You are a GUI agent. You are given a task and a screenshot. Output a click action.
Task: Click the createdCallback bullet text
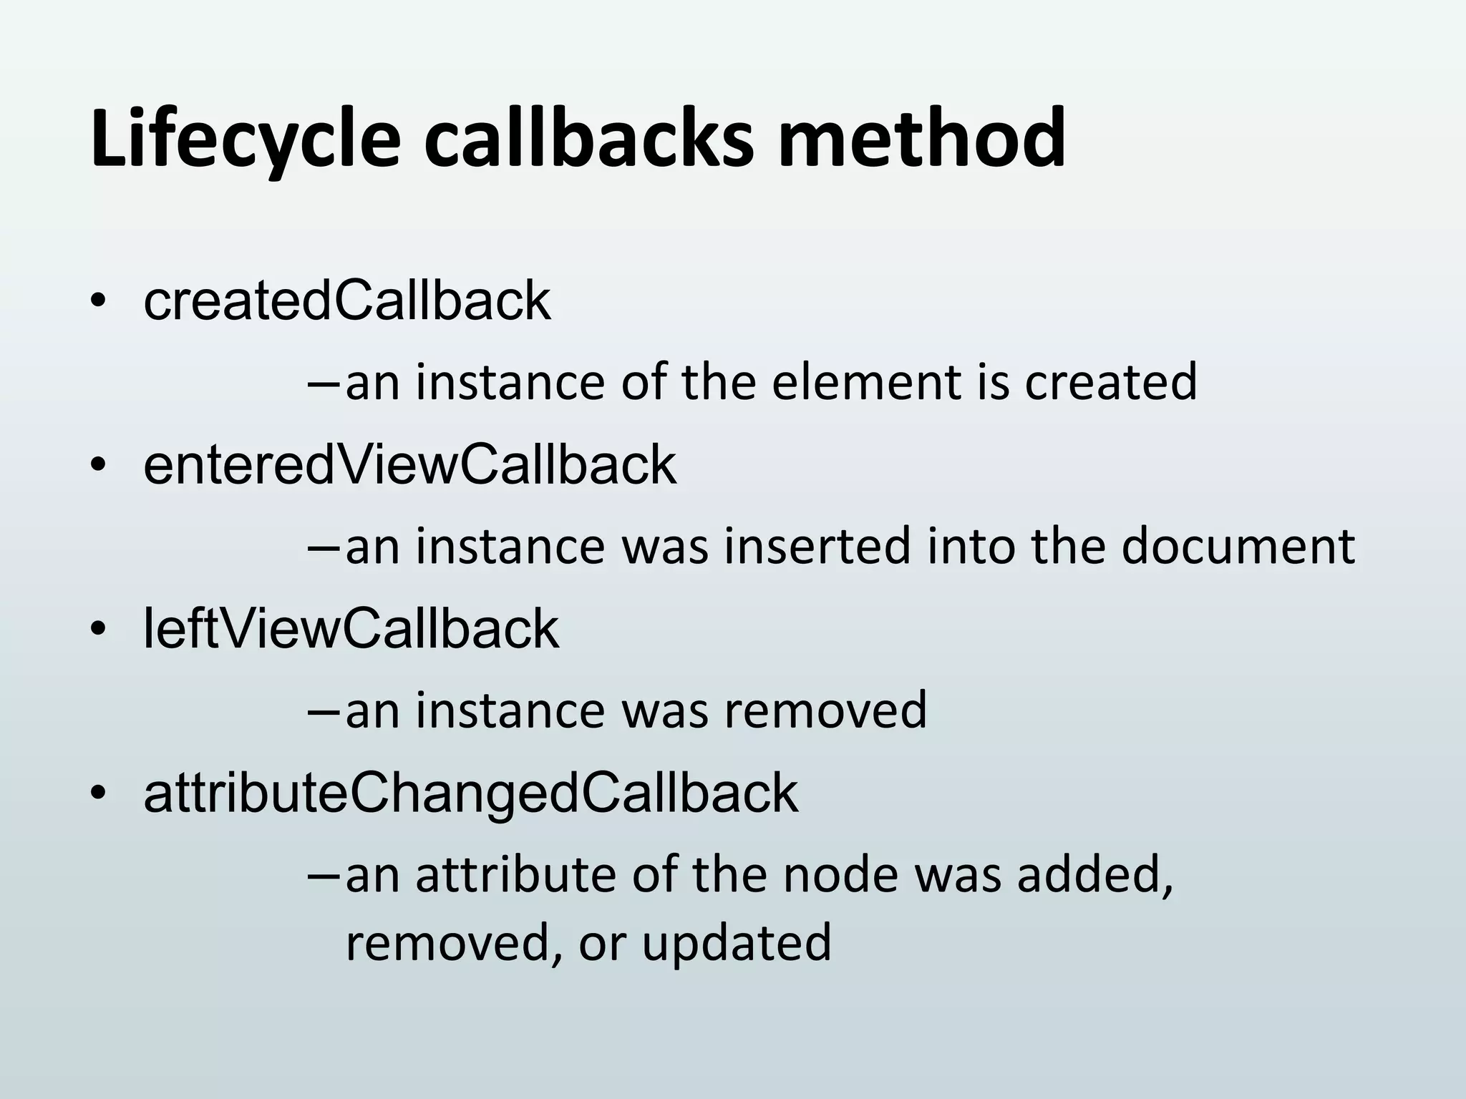click(347, 301)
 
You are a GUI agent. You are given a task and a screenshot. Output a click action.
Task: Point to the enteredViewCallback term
click(409, 465)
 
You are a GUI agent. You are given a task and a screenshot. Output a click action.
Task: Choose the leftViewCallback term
click(351, 629)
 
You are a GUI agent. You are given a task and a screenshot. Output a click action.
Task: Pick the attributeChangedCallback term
click(470, 793)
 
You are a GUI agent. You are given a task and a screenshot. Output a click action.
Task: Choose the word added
click(1094, 874)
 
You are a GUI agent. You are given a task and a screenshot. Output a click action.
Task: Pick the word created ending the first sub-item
click(1110, 382)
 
